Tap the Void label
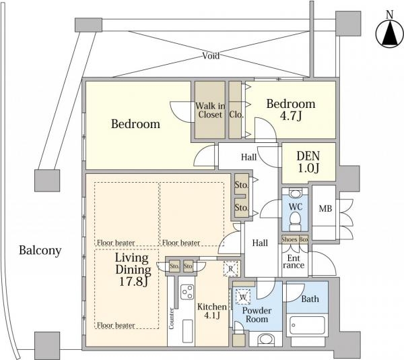[211, 56]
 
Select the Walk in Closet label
[210, 110]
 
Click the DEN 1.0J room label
[308, 162]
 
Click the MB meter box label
[325, 208]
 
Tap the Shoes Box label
[295, 239]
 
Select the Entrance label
[294, 262]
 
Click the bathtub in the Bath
[307, 325]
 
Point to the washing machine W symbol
[243, 297]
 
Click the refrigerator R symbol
[231, 269]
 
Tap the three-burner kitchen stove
[187, 292]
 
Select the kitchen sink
[188, 332]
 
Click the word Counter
[171, 318]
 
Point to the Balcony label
[40, 250]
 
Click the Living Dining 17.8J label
[133, 270]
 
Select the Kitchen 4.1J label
[212, 311]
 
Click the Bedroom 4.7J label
[291, 110]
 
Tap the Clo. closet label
[236, 115]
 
